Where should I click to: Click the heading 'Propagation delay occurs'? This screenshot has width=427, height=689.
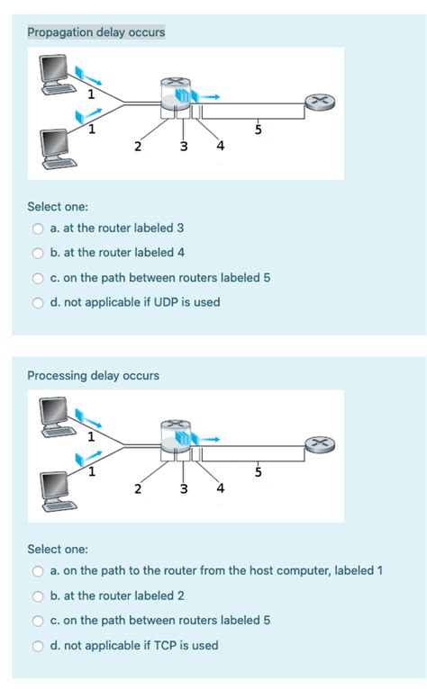[95, 32]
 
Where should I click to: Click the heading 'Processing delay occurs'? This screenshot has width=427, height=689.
[93, 375]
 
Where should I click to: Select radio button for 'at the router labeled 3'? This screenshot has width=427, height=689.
[39, 228]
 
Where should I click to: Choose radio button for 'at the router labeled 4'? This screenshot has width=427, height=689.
[39, 253]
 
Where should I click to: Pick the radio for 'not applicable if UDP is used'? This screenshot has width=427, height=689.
[39, 302]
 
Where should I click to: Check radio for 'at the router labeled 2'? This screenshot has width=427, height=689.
[39, 595]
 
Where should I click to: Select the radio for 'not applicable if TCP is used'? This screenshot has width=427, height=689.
[39, 645]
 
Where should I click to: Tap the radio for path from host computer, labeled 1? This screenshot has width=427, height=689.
[39, 570]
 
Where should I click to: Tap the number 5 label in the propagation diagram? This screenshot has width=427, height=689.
[259, 130]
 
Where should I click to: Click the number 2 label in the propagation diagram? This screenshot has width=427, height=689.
[137, 147]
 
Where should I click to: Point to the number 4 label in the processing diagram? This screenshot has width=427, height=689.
[221, 489]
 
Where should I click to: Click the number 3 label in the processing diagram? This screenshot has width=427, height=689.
[184, 489]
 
